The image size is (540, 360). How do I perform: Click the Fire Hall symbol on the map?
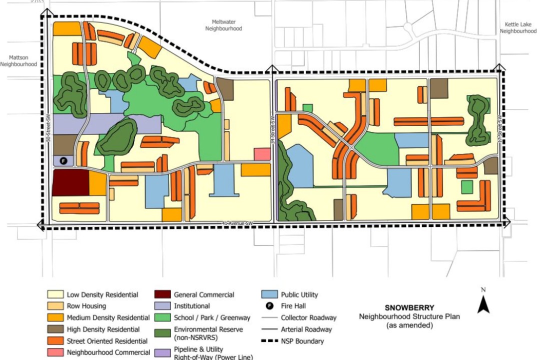pos(63,160)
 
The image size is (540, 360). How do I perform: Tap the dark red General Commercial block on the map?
pos(70,182)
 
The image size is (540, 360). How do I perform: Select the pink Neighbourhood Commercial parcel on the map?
pos(262,154)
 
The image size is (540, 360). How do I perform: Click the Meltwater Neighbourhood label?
pos(223,25)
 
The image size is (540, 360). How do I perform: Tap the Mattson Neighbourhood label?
pos(18,61)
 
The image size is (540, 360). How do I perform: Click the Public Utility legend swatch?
pos(268,295)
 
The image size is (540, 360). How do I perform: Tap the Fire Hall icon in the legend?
pos(268,306)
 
